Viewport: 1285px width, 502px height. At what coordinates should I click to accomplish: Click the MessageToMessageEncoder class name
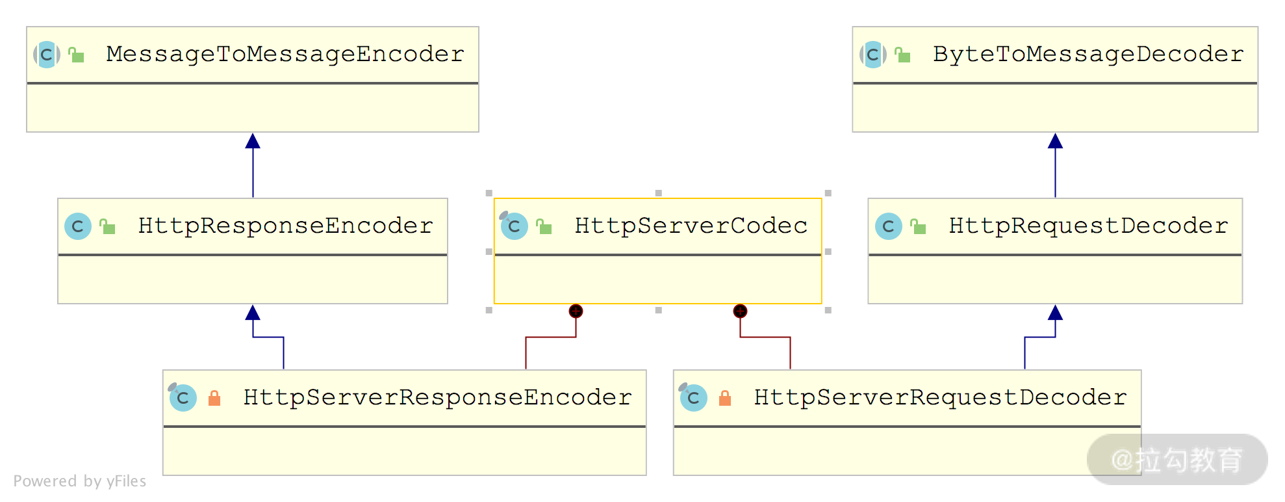285,54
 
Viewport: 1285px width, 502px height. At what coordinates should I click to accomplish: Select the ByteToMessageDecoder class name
1088,54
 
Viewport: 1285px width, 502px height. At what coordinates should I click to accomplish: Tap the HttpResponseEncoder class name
285,226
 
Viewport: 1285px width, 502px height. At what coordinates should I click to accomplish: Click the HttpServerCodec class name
691,226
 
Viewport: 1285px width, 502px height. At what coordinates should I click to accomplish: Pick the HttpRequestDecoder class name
1088,226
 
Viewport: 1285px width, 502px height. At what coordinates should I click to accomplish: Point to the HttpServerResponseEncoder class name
437,397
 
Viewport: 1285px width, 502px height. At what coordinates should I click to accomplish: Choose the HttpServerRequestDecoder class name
940,397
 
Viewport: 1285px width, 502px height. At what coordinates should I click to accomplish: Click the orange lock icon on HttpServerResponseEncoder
214,398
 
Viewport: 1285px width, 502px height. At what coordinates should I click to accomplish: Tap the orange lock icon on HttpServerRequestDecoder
725,398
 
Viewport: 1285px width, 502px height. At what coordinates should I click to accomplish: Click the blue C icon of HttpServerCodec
514,226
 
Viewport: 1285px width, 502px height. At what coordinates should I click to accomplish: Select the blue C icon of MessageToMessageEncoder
47,55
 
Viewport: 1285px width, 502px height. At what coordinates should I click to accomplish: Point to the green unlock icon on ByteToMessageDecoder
902,55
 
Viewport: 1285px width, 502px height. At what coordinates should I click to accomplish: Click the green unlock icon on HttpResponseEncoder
107,226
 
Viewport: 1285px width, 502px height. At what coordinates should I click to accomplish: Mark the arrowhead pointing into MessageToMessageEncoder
253,141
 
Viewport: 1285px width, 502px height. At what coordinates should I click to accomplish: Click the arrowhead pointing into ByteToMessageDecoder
1055,141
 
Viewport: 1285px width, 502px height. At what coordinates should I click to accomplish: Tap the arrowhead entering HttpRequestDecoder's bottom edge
1055,313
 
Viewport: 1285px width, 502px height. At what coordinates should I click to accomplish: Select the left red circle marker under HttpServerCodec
576,311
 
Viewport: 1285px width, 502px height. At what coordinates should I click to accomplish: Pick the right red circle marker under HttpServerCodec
740,311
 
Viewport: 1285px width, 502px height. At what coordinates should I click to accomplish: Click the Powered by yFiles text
80,481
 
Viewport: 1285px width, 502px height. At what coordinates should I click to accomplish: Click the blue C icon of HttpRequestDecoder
888,226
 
